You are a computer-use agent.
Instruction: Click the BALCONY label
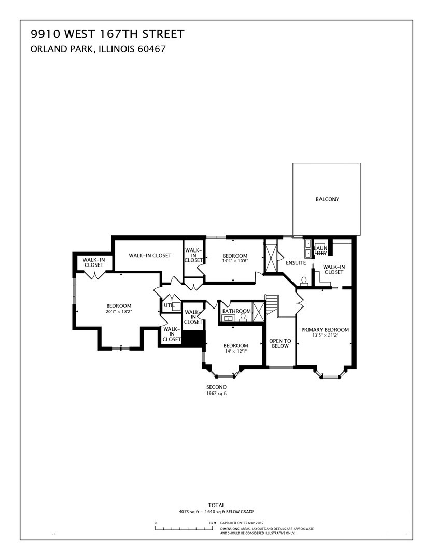tap(327, 199)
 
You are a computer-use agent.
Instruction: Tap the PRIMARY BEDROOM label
tap(325, 330)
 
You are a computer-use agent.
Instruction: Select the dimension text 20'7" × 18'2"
tap(119, 312)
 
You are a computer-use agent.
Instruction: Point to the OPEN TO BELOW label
tap(280, 343)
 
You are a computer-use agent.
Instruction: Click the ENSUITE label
tap(296, 263)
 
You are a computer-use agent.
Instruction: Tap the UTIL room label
tap(169, 305)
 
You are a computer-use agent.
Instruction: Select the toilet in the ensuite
tap(303, 282)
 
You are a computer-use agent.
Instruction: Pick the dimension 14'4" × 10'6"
tap(235, 261)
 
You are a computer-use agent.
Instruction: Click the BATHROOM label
tap(236, 311)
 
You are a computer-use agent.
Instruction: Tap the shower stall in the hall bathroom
tap(258, 311)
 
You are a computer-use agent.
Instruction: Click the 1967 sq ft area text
tap(216, 394)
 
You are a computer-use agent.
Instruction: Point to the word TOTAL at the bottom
tap(216, 505)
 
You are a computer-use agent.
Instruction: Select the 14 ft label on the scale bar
tap(212, 523)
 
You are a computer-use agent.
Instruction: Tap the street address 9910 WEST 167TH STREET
tap(107, 35)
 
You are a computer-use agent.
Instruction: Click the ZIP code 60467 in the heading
tap(153, 49)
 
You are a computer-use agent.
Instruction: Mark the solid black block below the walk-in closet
tap(194, 340)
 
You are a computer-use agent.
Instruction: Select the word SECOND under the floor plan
tap(216, 387)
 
